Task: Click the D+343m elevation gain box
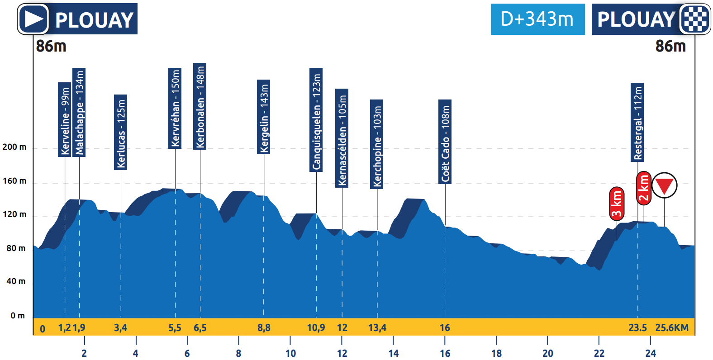[537, 19]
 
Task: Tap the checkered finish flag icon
[695, 19]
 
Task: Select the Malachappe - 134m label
[79, 112]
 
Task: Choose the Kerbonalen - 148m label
[200, 106]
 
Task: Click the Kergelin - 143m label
[264, 117]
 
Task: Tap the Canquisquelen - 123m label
[316, 120]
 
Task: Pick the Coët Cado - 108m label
[445, 142]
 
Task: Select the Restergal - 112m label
[637, 122]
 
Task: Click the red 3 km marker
[617, 204]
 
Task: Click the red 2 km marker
[644, 188]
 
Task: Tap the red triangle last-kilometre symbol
[664, 185]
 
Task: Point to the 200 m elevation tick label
[14, 147]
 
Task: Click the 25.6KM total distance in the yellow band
[672, 327]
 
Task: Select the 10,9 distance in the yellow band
[316, 327]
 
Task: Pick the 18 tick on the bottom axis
[496, 353]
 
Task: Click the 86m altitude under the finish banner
[670, 46]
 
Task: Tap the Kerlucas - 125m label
[121, 133]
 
